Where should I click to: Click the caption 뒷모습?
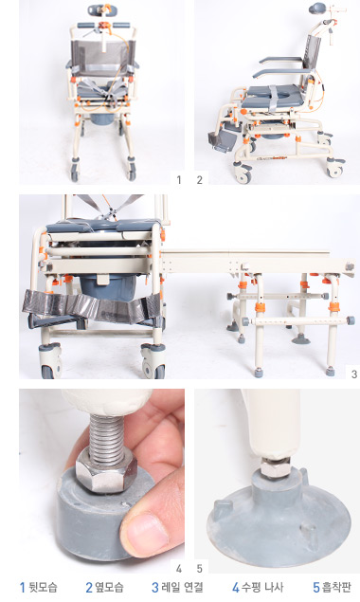pyautogui.click(x=43, y=587)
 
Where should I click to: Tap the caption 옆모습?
pyautogui.click(x=109, y=587)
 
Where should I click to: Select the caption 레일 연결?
pyautogui.click(x=182, y=587)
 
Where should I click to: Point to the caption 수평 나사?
pyautogui.click(x=262, y=587)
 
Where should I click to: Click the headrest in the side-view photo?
pyautogui.click(x=316, y=9)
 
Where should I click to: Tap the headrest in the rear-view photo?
pyautogui.click(x=97, y=9)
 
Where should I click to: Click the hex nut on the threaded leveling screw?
pyautogui.click(x=106, y=470)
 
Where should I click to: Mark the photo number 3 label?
pyautogui.click(x=354, y=374)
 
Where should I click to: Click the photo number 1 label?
pyautogui.click(x=178, y=180)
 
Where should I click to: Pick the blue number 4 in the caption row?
pyautogui.click(x=236, y=588)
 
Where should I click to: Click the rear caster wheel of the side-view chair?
pyautogui.click(x=335, y=168)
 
